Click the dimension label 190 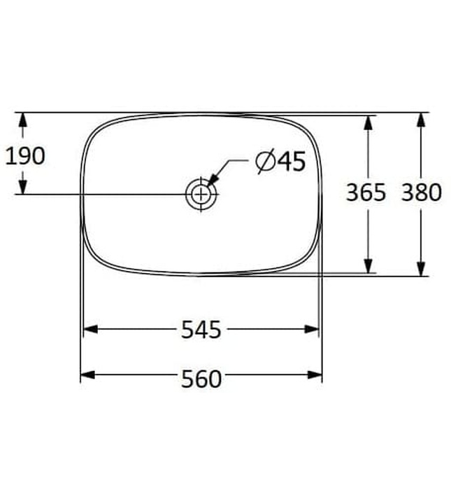click(25, 155)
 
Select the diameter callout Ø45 click(281, 162)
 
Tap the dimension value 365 click(366, 192)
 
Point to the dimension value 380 click(421, 192)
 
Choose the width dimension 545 click(201, 330)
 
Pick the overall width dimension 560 click(201, 379)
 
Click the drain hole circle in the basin click(201, 194)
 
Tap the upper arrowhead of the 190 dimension click(22, 120)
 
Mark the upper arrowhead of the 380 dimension click(420, 120)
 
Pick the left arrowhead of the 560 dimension click(88, 376)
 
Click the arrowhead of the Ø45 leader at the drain click(211, 182)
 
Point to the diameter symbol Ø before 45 click(265, 162)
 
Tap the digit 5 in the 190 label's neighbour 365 click(379, 192)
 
